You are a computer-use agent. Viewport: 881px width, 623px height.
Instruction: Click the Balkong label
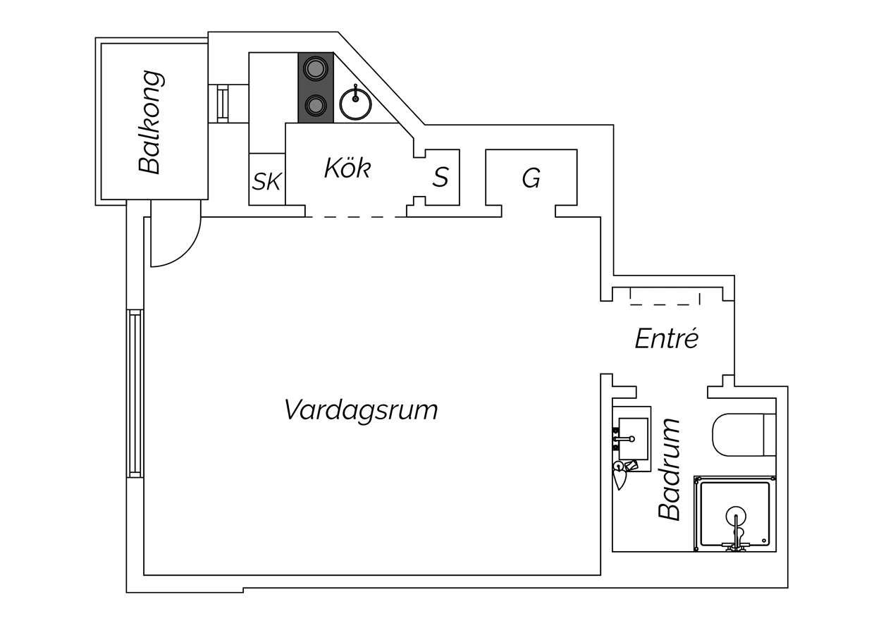pos(151,123)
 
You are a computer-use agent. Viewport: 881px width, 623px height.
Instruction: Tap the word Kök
pos(347,168)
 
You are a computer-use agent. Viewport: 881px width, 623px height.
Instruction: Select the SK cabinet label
pos(266,181)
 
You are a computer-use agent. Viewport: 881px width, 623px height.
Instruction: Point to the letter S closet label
pos(440,177)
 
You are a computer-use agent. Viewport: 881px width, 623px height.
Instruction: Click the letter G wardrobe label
pos(531,178)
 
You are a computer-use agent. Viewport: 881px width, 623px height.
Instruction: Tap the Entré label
pos(667,338)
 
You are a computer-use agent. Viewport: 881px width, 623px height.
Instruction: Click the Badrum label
pos(669,469)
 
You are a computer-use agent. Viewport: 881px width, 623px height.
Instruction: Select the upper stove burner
pos(316,69)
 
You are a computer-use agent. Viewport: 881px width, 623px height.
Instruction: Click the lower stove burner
pos(316,105)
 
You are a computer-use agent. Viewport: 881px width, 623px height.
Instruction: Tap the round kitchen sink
pos(355,103)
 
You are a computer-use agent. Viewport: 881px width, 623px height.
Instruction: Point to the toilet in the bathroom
pos(744,435)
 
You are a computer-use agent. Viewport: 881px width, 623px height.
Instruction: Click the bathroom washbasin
pos(633,438)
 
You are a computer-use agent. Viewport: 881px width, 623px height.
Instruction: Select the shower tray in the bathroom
pos(734,513)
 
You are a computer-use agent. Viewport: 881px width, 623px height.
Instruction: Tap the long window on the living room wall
pos(135,394)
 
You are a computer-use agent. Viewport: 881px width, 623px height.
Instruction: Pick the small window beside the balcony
pos(223,104)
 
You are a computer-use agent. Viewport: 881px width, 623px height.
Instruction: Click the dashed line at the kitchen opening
pos(355,217)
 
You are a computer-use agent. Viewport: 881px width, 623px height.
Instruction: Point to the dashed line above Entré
pos(665,304)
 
